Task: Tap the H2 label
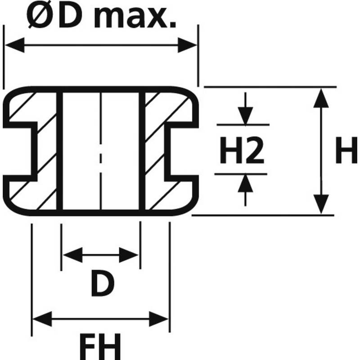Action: coord(242,150)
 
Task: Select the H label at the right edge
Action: coord(346,150)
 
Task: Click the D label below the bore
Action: coord(103,283)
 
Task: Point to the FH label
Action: coord(100,346)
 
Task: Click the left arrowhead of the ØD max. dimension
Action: coord(15,45)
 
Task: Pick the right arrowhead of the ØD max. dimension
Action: coord(187,45)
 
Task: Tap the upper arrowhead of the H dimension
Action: coord(321,98)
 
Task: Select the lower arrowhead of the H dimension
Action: coord(321,204)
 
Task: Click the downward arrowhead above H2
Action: coord(245,116)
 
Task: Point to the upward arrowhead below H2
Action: coord(245,183)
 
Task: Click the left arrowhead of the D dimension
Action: coord(73,255)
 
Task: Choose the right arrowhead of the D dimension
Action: coord(129,255)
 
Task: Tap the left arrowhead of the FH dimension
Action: coord(42,319)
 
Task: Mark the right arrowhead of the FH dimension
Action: coord(159,319)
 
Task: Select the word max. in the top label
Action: coord(135,18)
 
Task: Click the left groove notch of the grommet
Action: coord(20,152)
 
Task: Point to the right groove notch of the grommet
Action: coord(181,152)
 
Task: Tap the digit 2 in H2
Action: coord(255,150)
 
